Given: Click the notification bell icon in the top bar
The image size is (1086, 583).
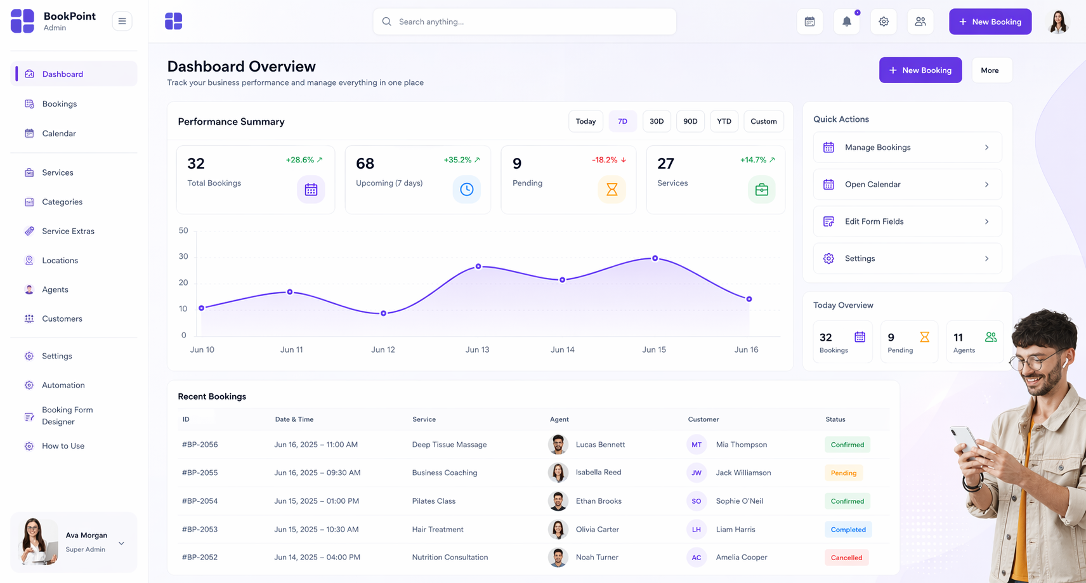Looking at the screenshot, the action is coord(846,22).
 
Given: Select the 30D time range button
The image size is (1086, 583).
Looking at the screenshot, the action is coord(657,121).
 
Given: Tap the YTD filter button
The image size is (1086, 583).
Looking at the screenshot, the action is coord(724,121).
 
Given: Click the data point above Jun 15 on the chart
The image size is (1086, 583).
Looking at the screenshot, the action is coord(655,258).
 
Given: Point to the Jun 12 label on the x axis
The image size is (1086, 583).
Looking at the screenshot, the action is coord(383,349).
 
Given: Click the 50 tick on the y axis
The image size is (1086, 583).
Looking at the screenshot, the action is coord(183,230).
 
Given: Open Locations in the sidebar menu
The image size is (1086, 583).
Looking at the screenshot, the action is coord(60,261).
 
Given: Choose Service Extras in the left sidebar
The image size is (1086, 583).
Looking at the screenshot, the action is coord(68,232).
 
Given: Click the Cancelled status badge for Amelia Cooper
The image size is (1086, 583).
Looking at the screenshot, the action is coord(846,558).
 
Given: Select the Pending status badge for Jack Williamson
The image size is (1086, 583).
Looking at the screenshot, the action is coord(844,473).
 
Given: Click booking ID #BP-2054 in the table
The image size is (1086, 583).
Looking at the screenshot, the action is coord(200,501).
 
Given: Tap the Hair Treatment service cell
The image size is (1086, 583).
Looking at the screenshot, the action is coord(438,529).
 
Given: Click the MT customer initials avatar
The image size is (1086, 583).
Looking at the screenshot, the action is coord(697,445).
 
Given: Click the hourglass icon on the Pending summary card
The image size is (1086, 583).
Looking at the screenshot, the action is coord(612,189).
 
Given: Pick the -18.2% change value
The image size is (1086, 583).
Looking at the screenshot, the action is coord(605,160).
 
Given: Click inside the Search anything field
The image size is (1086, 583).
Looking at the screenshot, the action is coord(525,22).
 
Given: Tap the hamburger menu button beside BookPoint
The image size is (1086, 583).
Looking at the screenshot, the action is coord(122,21).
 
